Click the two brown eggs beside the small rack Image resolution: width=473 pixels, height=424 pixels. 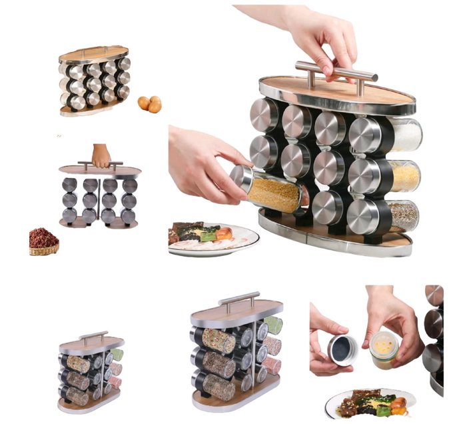pos(150,104)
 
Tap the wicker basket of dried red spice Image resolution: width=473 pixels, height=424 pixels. pos(43,242)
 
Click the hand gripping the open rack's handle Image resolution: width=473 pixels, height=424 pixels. pos(101,155)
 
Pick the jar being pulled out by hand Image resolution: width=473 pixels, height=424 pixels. pos(270,191)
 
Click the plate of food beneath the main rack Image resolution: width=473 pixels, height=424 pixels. pos(213,237)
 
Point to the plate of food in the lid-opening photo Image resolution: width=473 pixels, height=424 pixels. pos(370,403)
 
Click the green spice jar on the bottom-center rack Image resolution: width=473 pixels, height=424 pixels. pos(272,325)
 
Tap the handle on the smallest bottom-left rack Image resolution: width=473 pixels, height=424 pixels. pos(93,336)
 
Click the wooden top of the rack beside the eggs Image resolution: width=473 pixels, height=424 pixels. pos(93,53)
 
